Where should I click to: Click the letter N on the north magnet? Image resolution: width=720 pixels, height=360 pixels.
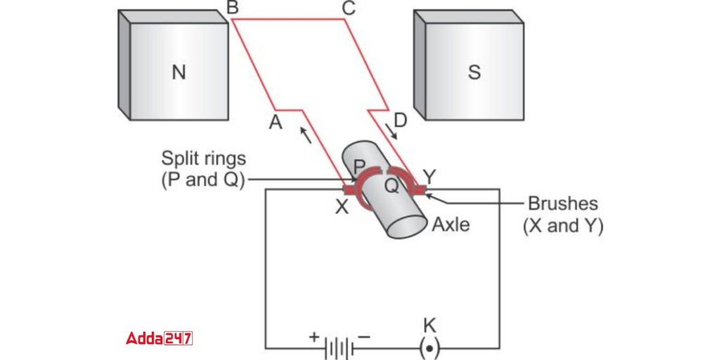coord(179,72)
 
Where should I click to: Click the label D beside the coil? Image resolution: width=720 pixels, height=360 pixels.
coord(400,121)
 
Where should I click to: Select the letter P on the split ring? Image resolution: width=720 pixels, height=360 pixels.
coord(359,167)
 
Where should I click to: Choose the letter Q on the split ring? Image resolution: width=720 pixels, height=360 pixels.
coord(390,186)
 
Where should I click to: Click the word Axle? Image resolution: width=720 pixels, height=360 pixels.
coord(451,225)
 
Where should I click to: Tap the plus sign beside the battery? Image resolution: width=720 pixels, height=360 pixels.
coord(314,337)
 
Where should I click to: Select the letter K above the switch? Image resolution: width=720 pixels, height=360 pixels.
coord(430,325)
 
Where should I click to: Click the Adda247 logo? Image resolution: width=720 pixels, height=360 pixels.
coord(160,338)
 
